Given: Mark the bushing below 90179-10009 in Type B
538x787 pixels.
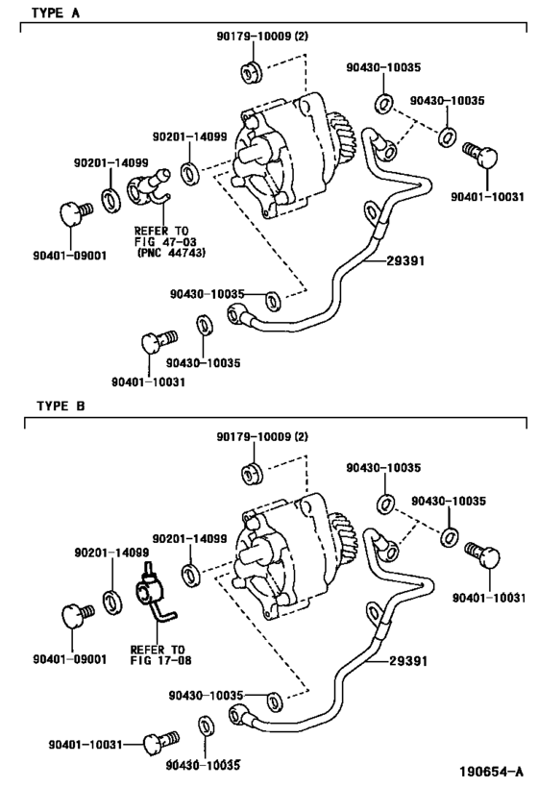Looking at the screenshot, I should pos(252,473).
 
